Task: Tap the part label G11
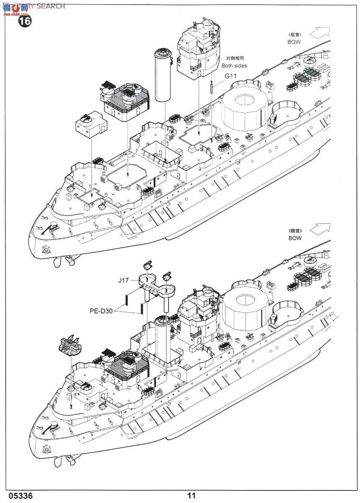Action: click(231, 76)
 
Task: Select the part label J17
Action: click(123, 280)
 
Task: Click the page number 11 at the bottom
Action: click(192, 496)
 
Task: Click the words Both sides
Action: click(234, 65)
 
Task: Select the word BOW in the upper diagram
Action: click(295, 42)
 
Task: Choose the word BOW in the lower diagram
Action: click(295, 238)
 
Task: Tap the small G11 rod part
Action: click(212, 89)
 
